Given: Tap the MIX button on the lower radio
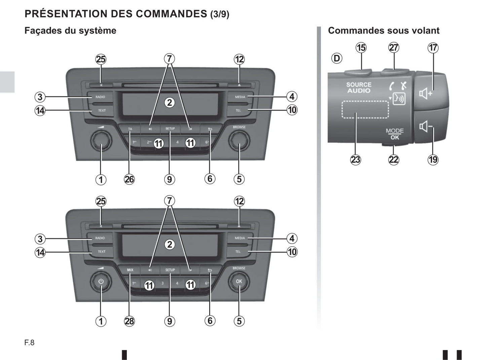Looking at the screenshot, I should (x=130, y=270).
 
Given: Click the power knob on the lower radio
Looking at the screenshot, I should (x=101, y=282).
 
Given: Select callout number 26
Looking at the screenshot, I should (x=129, y=179).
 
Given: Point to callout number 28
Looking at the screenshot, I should (x=129, y=321).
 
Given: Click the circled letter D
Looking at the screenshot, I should (x=336, y=58).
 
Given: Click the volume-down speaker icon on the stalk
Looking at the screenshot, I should (x=425, y=127).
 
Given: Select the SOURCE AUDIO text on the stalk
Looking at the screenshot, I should (x=359, y=87).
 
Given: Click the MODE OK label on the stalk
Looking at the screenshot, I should (x=395, y=134).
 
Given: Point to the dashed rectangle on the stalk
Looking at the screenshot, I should (x=365, y=109).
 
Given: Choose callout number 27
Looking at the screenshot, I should (x=394, y=48).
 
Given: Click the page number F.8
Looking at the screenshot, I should (x=29, y=343).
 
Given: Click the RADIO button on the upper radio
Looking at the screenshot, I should (x=100, y=97).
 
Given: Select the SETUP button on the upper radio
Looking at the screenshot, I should (x=170, y=129).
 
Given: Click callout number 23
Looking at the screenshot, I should (x=356, y=159).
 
